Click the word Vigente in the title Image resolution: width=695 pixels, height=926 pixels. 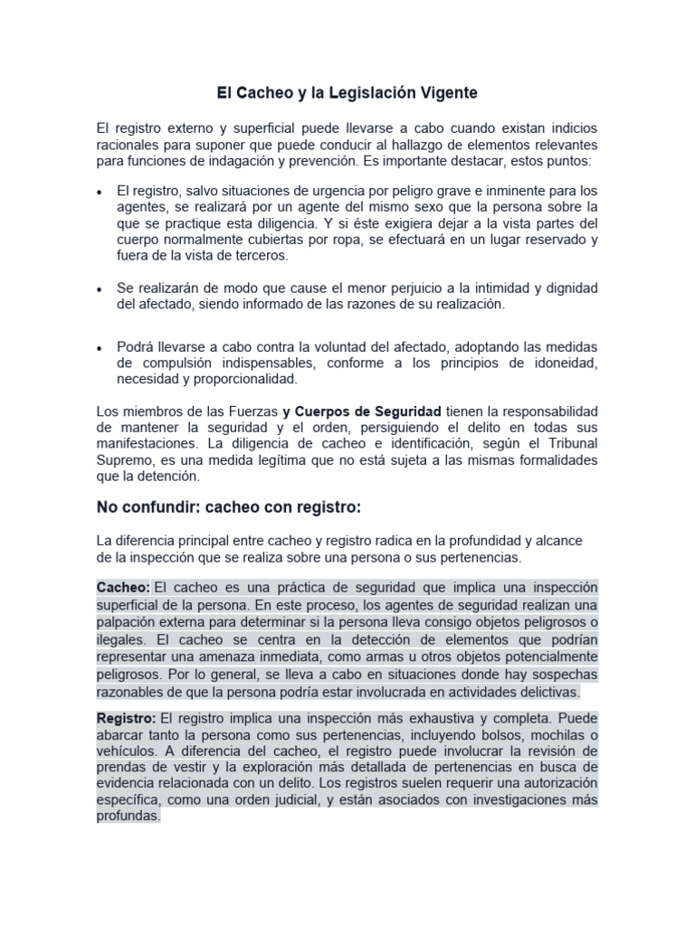pos(444,92)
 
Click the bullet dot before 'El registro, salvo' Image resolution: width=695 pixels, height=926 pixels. pos(100,193)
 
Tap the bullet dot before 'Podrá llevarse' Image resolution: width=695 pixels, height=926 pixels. pos(100,348)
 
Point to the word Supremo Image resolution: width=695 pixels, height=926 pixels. pos(123,460)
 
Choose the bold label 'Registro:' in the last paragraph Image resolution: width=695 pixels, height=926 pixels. pos(127,718)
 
